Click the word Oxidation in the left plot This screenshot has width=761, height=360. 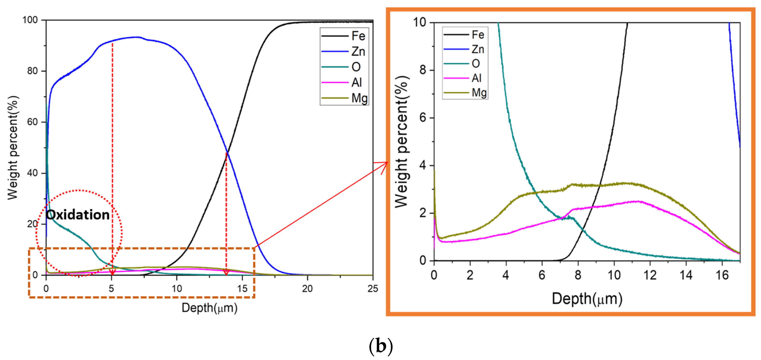(x=78, y=215)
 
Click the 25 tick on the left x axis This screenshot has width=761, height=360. (x=373, y=288)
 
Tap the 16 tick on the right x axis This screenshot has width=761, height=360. (x=722, y=275)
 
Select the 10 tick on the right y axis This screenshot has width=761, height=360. (x=419, y=22)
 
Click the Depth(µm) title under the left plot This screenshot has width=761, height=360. (x=209, y=308)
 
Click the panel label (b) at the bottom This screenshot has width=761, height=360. (x=381, y=346)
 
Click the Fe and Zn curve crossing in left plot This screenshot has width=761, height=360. (x=227, y=152)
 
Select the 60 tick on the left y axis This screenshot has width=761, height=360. (x=32, y=122)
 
